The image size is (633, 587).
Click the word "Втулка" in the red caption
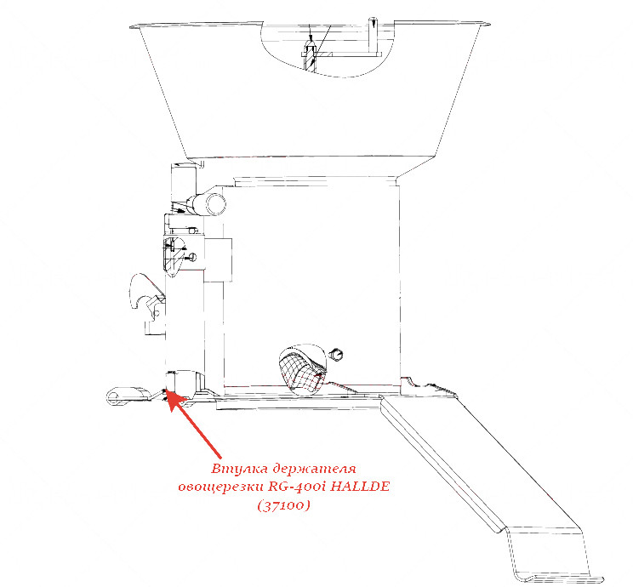(x=239, y=469)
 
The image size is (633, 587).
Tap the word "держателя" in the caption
(x=314, y=470)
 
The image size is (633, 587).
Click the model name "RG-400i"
(x=297, y=486)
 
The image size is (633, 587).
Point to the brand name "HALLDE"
(x=360, y=486)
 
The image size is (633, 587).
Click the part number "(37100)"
(x=283, y=504)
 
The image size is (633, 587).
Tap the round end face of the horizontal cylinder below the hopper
(x=216, y=204)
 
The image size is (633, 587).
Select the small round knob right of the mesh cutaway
(x=336, y=354)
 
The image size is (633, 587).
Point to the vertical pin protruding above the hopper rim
(x=374, y=35)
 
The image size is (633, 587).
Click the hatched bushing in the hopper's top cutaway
(x=310, y=55)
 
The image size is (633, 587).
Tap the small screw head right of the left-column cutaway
(x=192, y=256)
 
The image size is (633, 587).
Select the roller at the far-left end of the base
(x=127, y=396)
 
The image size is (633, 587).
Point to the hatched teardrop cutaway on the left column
(x=173, y=256)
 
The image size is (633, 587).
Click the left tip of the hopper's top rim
(x=129, y=27)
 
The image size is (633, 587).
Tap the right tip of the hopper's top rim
(x=490, y=24)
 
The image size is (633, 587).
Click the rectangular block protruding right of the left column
(x=218, y=260)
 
